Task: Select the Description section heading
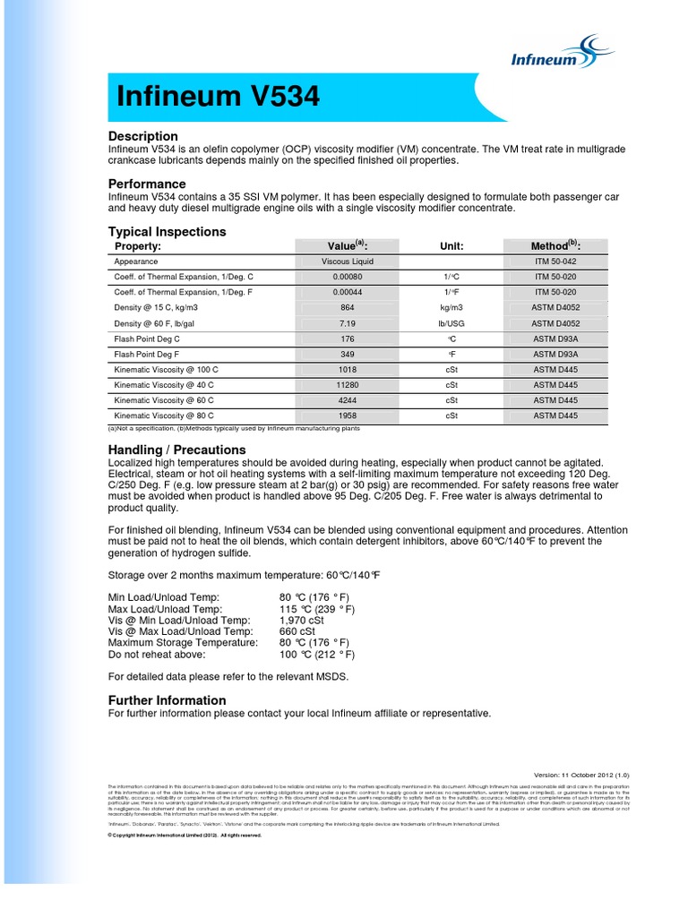click(x=143, y=136)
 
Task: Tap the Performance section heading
click(x=147, y=184)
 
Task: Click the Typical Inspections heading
click(x=167, y=232)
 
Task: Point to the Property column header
click(x=138, y=246)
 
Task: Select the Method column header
click(x=555, y=246)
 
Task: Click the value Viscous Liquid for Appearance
click(x=348, y=261)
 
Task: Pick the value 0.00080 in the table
click(x=348, y=277)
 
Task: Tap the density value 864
click(x=348, y=307)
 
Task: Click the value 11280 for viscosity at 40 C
click(x=348, y=384)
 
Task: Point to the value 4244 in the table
click(x=348, y=400)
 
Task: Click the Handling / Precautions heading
click(x=176, y=449)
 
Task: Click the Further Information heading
click(x=167, y=699)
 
